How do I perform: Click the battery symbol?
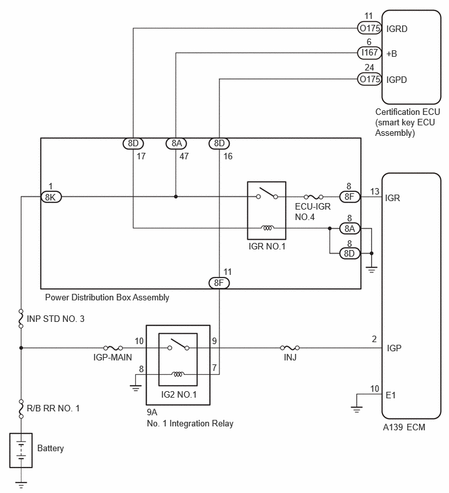pos(22,449)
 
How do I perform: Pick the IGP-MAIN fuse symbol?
pos(113,348)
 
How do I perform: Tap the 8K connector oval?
pos(51,195)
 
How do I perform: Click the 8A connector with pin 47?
pos(176,144)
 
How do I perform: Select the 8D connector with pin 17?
pos(133,144)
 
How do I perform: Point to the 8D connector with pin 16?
pos(219,144)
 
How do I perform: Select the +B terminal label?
pos(392,54)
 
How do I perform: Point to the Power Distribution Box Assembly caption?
pos(107,297)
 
